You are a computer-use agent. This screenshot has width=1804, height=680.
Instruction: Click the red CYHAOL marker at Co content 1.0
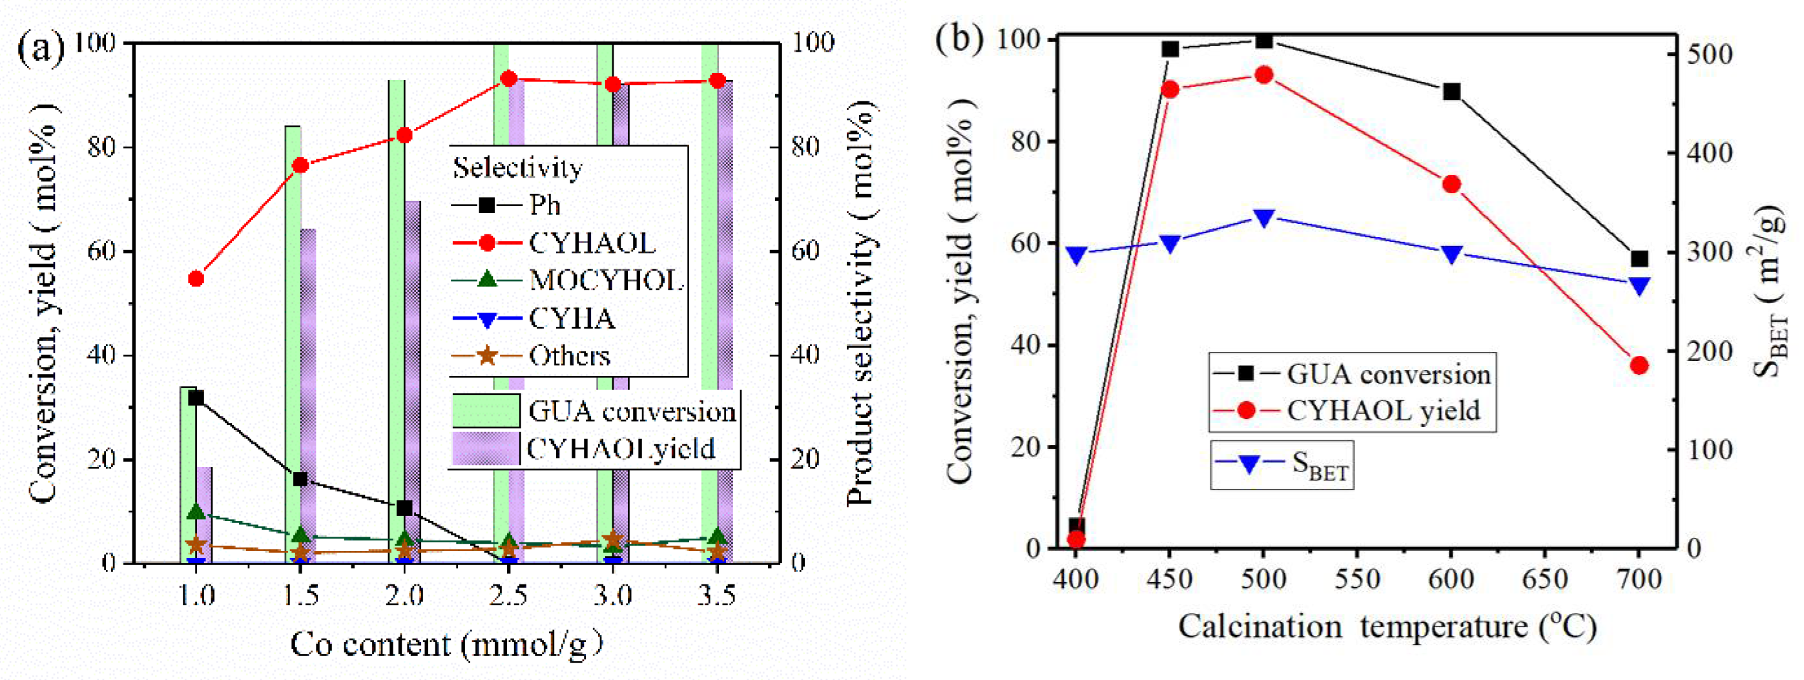pyautogui.click(x=196, y=279)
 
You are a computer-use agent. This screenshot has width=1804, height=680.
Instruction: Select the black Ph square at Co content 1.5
pyautogui.click(x=300, y=480)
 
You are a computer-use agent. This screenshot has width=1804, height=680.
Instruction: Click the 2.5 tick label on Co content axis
pyautogui.click(x=508, y=596)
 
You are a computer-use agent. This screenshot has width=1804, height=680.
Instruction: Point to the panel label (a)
pyautogui.click(x=40, y=48)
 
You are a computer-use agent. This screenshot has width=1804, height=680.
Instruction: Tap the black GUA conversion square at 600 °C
pyautogui.click(x=1452, y=92)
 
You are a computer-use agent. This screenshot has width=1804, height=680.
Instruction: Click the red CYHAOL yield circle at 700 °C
pyautogui.click(x=1639, y=365)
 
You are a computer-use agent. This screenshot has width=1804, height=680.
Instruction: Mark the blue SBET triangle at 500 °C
pyautogui.click(x=1264, y=218)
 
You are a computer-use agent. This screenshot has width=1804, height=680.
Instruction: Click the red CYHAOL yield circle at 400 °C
pyautogui.click(x=1076, y=539)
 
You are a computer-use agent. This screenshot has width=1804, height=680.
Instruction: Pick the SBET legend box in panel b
pyautogui.click(x=1281, y=464)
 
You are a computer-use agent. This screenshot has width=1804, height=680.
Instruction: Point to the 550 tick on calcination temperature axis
pyautogui.click(x=1357, y=579)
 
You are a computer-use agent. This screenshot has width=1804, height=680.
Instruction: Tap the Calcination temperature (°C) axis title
pyautogui.click(x=1387, y=627)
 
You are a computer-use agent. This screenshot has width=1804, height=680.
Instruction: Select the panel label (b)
pyautogui.click(x=959, y=39)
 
